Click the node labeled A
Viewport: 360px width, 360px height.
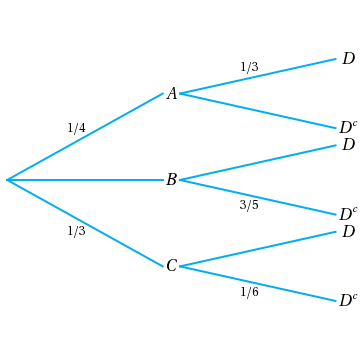pyautogui.click(x=171, y=94)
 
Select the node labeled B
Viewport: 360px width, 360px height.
pyautogui.click(x=171, y=180)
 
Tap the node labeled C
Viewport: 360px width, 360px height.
pyautogui.click(x=171, y=266)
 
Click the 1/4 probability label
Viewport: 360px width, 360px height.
pyautogui.click(x=76, y=128)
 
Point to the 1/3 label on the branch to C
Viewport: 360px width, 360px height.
pyautogui.click(x=76, y=231)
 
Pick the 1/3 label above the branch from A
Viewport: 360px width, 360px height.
pyautogui.click(x=249, y=67)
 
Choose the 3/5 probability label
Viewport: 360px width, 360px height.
pyautogui.click(x=249, y=205)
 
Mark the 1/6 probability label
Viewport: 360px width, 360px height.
pyautogui.click(x=249, y=292)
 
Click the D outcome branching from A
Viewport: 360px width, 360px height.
pyautogui.click(x=348, y=59)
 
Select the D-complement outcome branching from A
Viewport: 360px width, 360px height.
pyautogui.click(x=348, y=128)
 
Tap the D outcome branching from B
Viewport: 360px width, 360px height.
pyautogui.click(x=348, y=145)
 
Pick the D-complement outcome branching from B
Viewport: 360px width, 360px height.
pyautogui.click(x=348, y=214)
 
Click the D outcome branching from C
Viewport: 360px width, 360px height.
pyautogui.click(x=348, y=232)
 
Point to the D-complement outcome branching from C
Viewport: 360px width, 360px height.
pyautogui.click(x=348, y=301)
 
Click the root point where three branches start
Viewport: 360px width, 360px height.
pyautogui.click(x=7, y=180)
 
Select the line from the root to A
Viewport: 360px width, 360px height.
pyautogui.click(x=85, y=137)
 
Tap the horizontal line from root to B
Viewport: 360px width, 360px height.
pyautogui.click(x=85, y=180)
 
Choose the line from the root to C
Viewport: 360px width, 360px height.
pyautogui.click(x=85, y=223)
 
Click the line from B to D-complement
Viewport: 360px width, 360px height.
pyautogui.click(x=258, y=197)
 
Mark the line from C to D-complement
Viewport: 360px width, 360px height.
pyautogui.click(x=258, y=284)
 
